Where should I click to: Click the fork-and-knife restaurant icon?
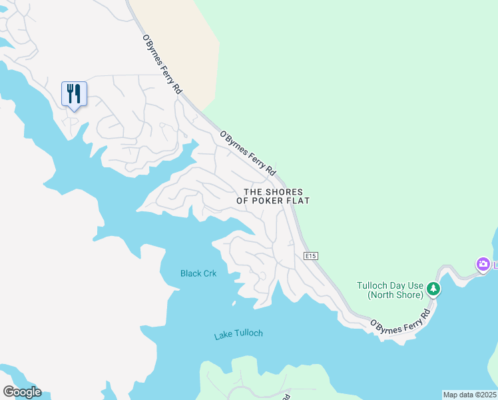point(74,93)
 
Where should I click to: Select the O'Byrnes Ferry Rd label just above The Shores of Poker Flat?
point(248,153)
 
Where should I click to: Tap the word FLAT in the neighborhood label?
point(299,201)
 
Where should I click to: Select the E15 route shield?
point(311,256)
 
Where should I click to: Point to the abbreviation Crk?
point(210,273)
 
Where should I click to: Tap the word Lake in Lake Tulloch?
point(224,335)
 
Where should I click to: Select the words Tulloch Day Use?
point(389,285)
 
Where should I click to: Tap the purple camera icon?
point(483,265)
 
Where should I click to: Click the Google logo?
point(22,392)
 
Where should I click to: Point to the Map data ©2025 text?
point(469,394)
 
